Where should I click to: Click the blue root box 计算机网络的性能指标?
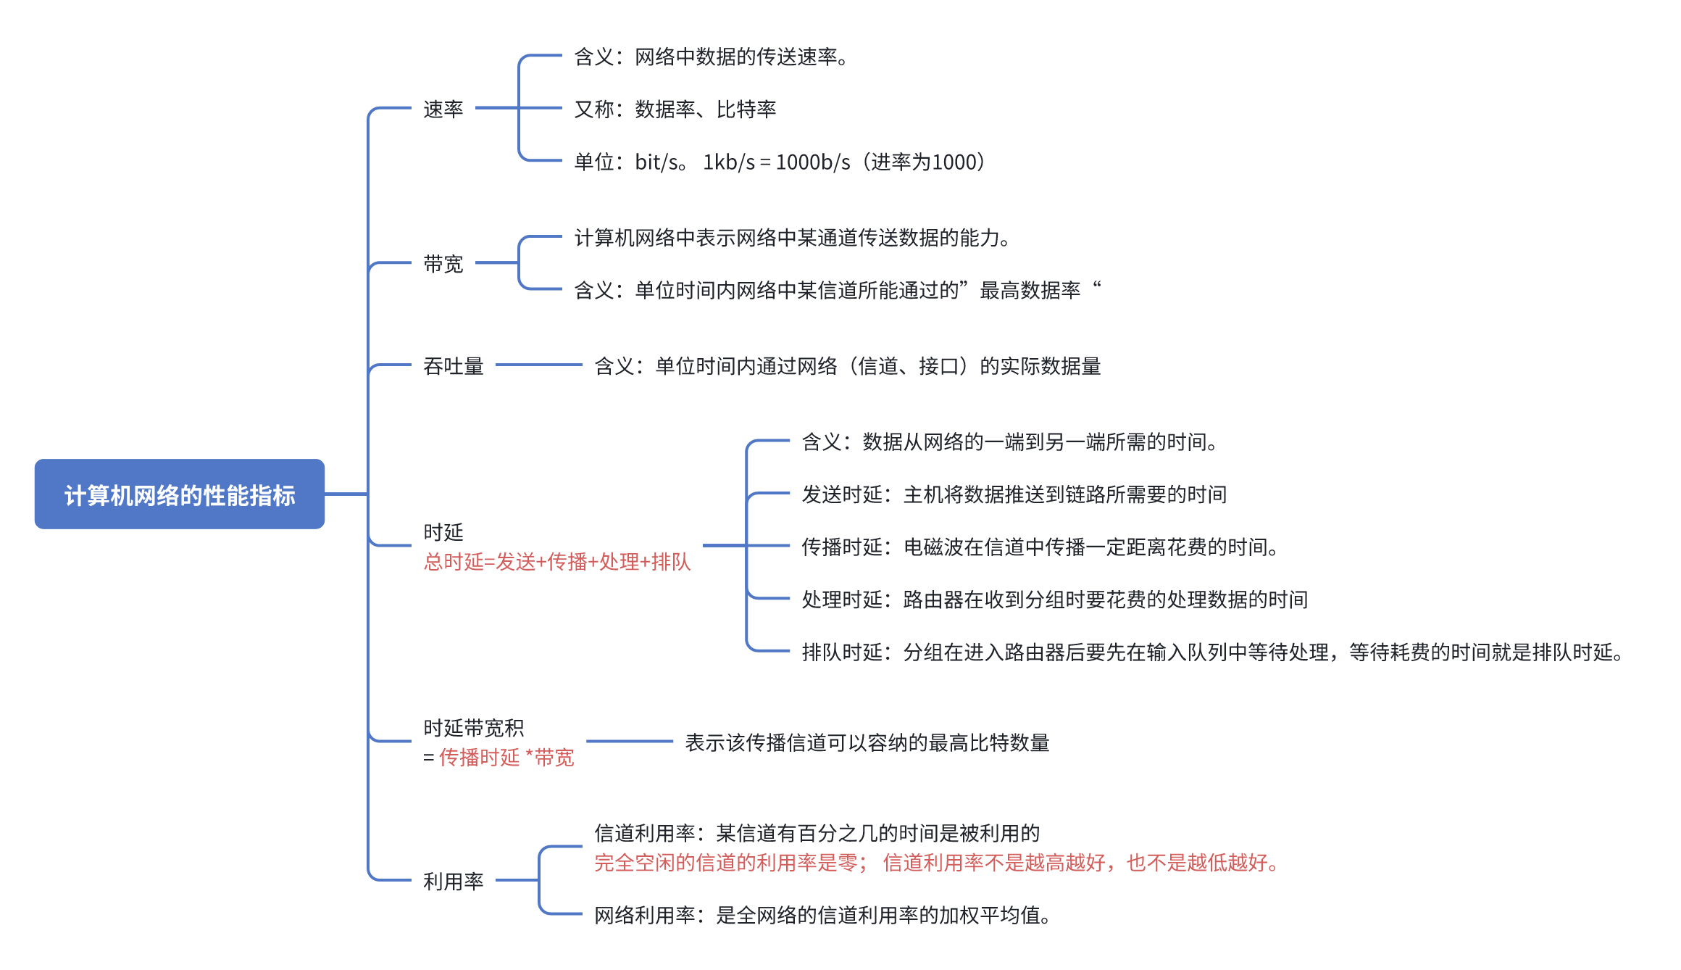(179, 494)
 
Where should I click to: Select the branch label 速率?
(443, 109)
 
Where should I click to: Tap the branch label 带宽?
(443, 264)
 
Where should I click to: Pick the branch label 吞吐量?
(453, 366)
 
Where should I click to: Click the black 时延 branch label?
(443, 532)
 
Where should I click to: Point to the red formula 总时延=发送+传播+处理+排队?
(556, 562)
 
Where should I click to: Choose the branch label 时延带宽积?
(473, 728)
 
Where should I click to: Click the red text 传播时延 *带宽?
(506, 758)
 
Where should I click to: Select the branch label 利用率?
(453, 882)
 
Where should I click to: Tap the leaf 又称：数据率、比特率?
(675, 109)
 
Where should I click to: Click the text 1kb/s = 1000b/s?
(776, 162)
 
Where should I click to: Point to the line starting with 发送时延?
(1014, 494)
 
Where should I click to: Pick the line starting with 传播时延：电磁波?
(1039, 547)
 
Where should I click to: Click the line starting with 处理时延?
(1054, 600)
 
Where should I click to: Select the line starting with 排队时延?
(1211, 652)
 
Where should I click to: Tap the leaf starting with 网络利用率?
(822, 916)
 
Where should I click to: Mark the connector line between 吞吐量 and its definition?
(538, 365)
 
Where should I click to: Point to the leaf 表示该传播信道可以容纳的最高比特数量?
(867, 742)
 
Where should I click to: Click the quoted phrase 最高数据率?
(1030, 291)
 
